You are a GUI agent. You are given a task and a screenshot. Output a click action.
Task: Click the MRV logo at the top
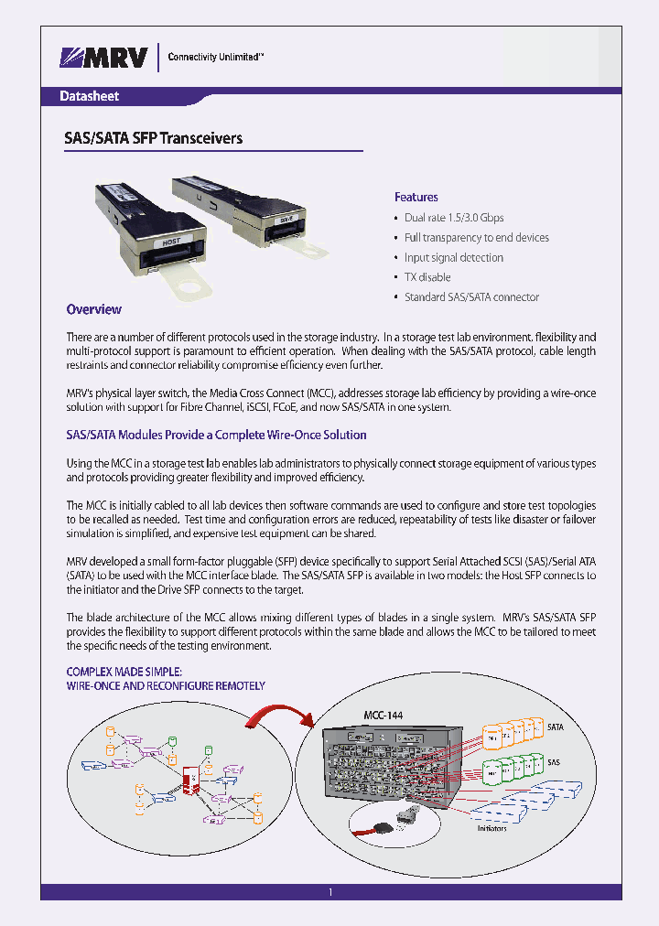(103, 58)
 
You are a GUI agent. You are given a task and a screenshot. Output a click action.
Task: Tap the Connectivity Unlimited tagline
(215, 57)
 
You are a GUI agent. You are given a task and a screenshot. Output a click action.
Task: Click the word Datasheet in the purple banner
(89, 96)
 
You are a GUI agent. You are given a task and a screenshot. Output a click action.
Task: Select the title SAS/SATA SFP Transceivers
(153, 139)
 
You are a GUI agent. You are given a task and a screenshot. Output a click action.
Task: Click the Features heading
(416, 197)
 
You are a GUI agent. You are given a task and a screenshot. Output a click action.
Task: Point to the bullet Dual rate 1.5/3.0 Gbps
(454, 218)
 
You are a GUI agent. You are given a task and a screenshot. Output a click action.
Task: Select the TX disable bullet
(427, 277)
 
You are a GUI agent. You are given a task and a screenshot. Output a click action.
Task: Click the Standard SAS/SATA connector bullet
(471, 297)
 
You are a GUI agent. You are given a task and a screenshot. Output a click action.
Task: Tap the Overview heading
(93, 309)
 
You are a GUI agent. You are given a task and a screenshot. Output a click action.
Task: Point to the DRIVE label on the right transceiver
(287, 220)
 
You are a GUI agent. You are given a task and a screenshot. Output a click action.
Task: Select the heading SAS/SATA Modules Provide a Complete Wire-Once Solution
(216, 435)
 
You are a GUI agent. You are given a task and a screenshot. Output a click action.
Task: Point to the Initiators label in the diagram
(491, 828)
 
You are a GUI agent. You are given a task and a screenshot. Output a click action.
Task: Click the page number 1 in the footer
(330, 891)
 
